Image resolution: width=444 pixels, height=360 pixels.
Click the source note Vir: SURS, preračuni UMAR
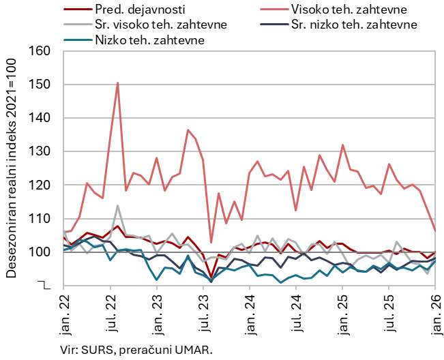click(x=136, y=349)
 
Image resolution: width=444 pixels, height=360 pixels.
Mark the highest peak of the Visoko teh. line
click(x=117, y=83)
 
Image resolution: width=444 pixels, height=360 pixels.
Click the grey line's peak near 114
click(x=118, y=205)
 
